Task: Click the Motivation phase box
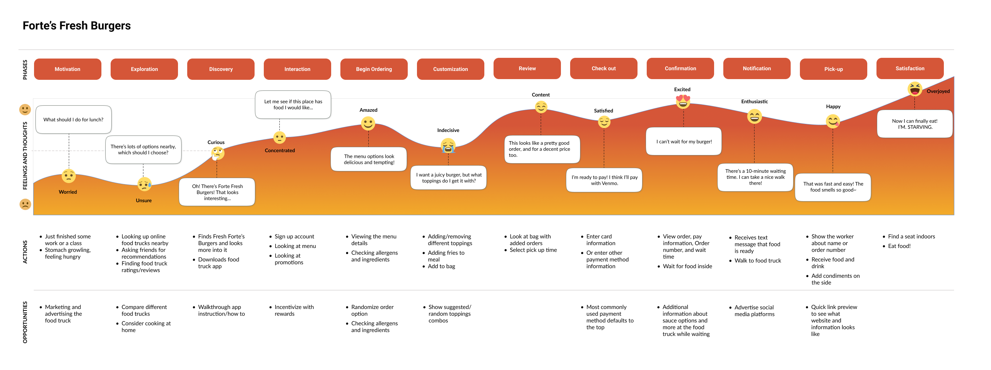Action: click(x=67, y=69)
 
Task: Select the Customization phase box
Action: click(x=451, y=69)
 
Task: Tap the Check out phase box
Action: click(x=603, y=68)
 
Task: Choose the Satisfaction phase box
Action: click(x=909, y=68)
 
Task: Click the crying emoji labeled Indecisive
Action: click(x=448, y=146)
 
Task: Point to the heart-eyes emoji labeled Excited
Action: click(x=683, y=101)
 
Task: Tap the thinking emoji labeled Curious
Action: click(x=217, y=153)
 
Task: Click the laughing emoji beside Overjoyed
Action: click(x=914, y=89)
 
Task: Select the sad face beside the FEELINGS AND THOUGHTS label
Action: click(x=25, y=204)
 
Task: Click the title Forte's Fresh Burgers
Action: click(x=77, y=26)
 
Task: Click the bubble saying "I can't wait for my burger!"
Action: click(x=684, y=142)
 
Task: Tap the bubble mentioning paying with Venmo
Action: click(x=604, y=180)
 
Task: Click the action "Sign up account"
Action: click(x=294, y=236)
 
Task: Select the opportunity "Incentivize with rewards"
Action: click(x=294, y=310)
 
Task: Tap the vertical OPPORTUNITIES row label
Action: click(x=25, y=322)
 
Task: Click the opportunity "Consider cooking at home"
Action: click(x=146, y=326)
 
